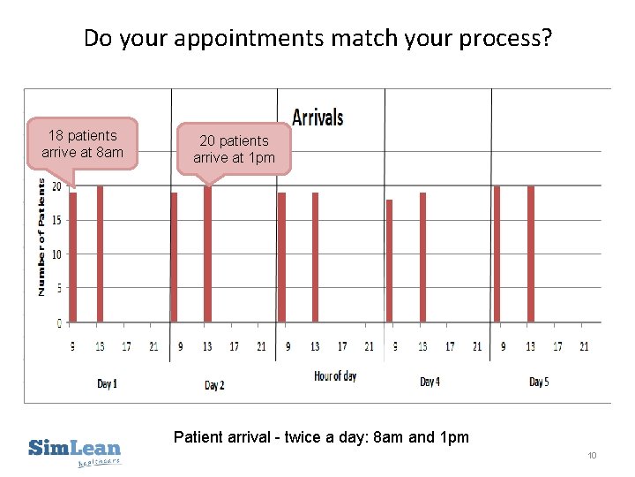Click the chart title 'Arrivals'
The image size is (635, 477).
pos(317,117)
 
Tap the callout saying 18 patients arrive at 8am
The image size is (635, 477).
pos(82,143)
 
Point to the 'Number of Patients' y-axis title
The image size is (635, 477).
pos(41,234)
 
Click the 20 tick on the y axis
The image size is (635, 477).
pos(56,186)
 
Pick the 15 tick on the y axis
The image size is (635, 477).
pos(56,220)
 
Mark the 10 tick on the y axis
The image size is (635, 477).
pos(56,254)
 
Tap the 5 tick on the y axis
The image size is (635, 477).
pos(58,288)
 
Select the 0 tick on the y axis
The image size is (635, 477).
pos(58,322)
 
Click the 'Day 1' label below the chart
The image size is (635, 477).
pos(107,383)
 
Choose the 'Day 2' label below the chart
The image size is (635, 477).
pos(214,385)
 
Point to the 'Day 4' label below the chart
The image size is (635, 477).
pos(428,382)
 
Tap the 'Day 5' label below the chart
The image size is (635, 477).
pos(539,382)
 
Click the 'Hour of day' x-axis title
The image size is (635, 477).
pos(335,376)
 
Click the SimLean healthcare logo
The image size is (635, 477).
pos(75,450)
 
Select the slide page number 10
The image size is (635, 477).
pos(592,455)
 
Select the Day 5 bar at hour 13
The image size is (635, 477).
pos(530,254)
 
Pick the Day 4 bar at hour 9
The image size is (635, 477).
pos(389,261)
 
